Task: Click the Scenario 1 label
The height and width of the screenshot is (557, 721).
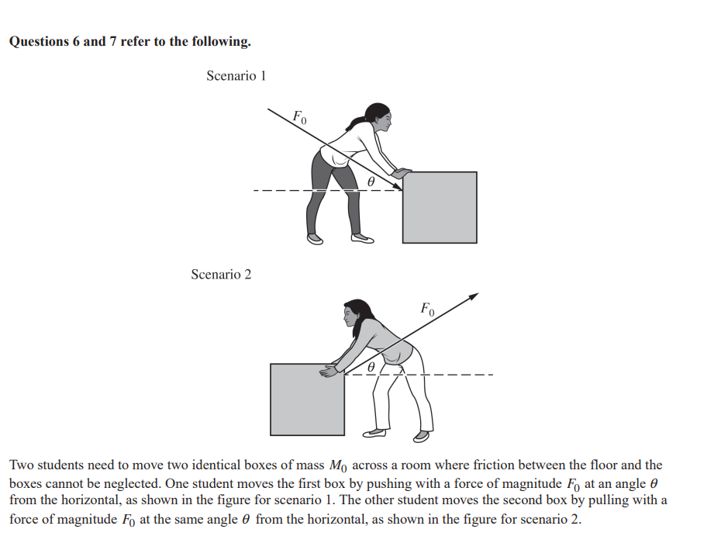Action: click(x=236, y=76)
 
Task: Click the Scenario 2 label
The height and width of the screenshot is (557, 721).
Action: click(x=221, y=275)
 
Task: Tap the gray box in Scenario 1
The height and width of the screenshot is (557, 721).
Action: click(x=440, y=208)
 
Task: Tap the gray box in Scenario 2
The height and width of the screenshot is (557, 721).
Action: click(x=307, y=399)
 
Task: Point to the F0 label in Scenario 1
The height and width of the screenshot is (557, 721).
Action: click(x=299, y=118)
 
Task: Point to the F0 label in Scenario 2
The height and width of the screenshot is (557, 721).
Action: click(x=428, y=309)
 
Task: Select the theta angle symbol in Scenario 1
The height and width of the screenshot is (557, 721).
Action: click(x=371, y=179)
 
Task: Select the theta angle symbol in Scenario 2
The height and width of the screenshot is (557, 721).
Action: click(x=371, y=365)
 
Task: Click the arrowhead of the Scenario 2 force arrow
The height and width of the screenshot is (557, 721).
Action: click(x=473, y=296)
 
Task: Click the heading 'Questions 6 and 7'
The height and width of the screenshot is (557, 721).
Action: click(x=129, y=42)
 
